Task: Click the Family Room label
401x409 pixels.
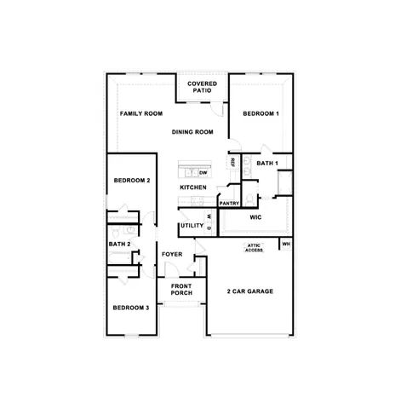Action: point(141,113)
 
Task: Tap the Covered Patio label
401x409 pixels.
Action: point(203,87)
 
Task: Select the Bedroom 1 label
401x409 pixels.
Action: point(261,113)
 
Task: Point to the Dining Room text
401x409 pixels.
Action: point(192,132)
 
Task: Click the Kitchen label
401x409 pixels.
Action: point(193,187)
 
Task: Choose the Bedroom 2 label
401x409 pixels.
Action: point(132,181)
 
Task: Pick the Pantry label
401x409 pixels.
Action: point(229,204)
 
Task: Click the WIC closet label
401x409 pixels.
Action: point(255,218)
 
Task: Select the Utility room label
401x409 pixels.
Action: point(191,226)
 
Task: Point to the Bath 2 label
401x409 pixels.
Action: point(119,245)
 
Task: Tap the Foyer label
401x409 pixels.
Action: point(172,254)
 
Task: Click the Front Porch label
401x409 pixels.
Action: point(181,290)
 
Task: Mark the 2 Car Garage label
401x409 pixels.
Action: point(249,291)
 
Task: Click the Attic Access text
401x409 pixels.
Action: point(255,249)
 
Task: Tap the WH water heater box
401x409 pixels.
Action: point(286,245)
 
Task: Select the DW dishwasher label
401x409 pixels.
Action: point(203,172)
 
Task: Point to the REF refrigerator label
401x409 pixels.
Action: point(232,161)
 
